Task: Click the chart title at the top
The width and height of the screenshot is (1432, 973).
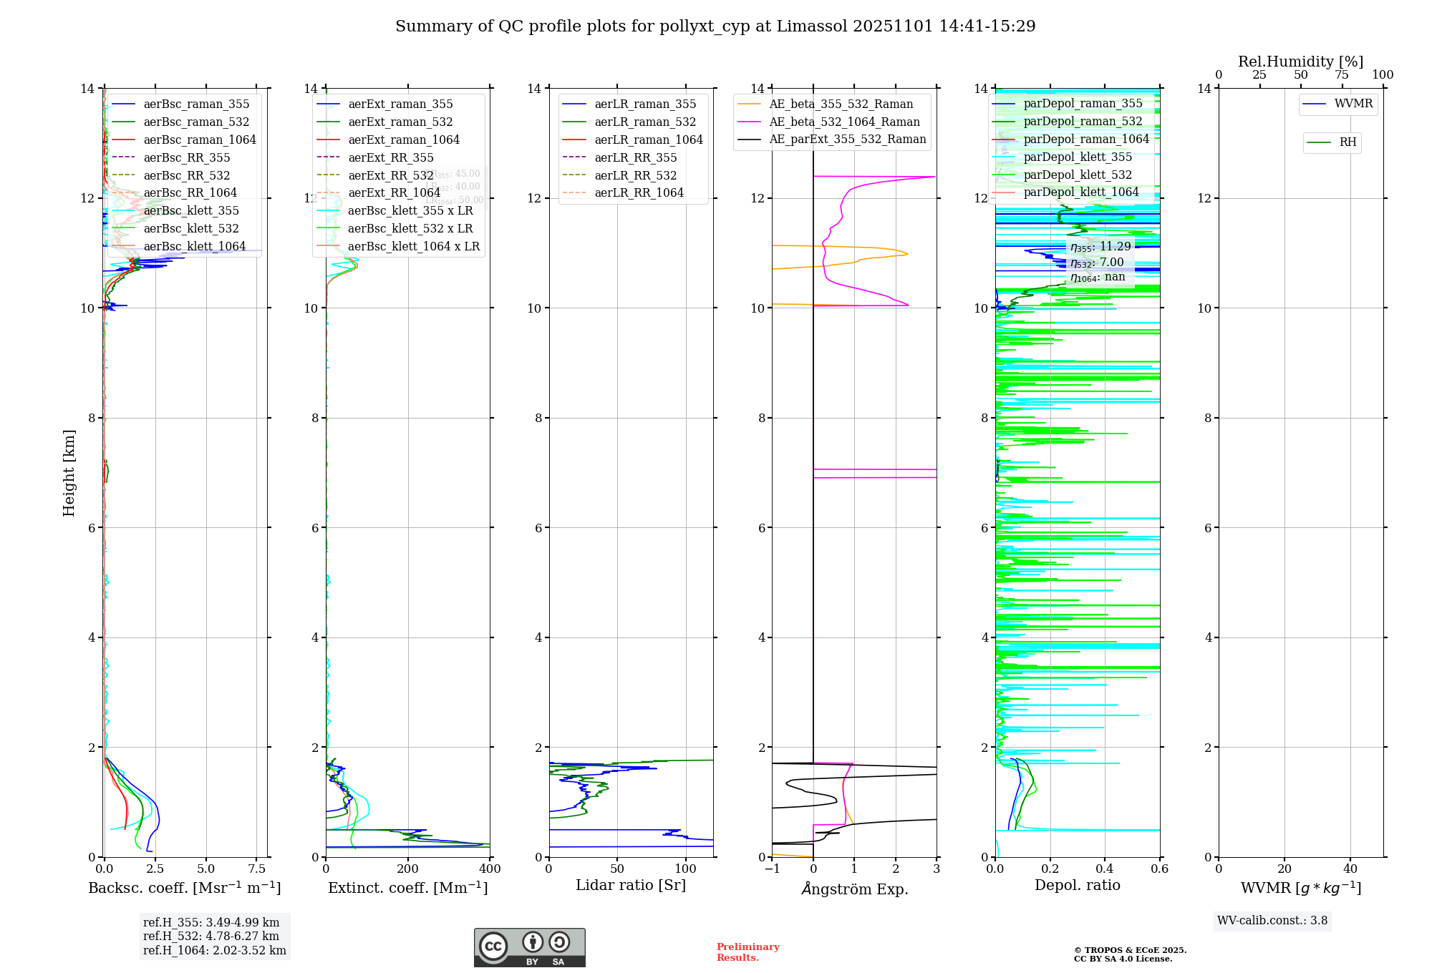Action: click(715, 26)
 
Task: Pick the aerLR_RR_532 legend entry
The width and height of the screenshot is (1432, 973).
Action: click(635, 175)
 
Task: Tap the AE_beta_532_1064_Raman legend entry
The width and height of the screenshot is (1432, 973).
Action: click(844, 122)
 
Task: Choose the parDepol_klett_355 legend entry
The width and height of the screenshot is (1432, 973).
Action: click(1078, 157)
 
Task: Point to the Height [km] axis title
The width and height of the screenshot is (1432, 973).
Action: click(69, 473)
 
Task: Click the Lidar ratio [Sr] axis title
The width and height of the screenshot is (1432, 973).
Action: click(631, 886)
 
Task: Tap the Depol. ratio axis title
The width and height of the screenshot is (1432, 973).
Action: click(1078, 886)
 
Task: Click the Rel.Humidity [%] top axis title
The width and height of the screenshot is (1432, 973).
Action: click(1301, 62)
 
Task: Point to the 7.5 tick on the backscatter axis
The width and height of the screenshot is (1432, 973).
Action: click(257, 869)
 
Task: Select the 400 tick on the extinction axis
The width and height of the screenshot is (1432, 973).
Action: click(490, 869)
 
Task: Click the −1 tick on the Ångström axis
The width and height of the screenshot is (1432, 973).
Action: click(772, 869)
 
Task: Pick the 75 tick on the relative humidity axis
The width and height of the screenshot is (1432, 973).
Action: click(1342, 75)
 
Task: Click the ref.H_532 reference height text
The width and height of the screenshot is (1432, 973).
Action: click(211, 937)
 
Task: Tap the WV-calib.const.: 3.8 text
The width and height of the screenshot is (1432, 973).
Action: click(1272, 921)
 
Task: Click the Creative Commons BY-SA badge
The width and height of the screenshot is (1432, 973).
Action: click(530, 948)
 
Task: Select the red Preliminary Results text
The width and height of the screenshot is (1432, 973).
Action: click(748, 952)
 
